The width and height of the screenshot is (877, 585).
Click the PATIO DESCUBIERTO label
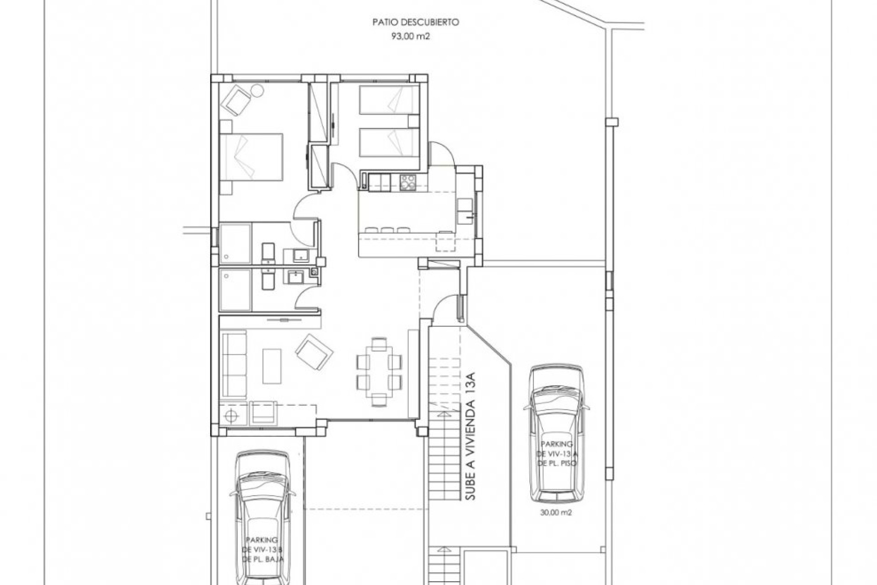click(x=415, y=22)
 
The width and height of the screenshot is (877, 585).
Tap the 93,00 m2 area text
click(x=410, y=37)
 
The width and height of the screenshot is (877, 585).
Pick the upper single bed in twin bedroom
click(x=389, y=100)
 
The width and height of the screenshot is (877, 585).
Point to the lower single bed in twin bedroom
click(x=389, y=142)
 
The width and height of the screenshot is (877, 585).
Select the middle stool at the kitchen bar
click(x=387, y=230)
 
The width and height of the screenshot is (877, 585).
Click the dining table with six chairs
click(x=379, y=372)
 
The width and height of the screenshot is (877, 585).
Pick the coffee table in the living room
click(x=272, y=366)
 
